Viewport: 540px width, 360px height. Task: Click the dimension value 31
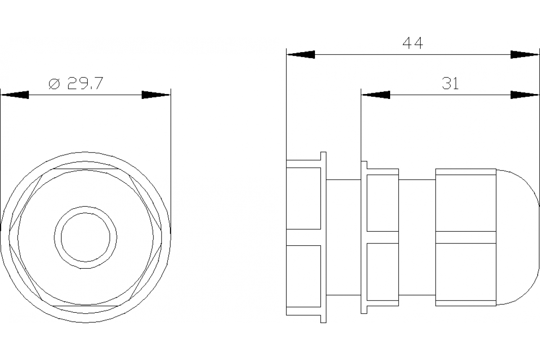click(450, 83)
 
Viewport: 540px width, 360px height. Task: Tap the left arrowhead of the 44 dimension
click(301, 54)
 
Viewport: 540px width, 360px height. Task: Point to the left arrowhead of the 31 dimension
click(376, 95)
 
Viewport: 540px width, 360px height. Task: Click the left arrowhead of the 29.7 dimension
click(14, 95)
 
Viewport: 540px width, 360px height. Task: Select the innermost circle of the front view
click(85, 237)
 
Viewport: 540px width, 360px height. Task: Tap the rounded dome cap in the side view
click(517, 237)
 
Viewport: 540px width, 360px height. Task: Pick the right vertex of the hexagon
click(162, 237)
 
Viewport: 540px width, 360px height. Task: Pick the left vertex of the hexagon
click(9, 237)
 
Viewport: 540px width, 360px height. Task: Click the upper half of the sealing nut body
click(466, 202)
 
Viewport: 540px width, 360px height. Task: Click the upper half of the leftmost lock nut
click(304, 198)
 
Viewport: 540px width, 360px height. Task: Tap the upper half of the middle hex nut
click(382, 202)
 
